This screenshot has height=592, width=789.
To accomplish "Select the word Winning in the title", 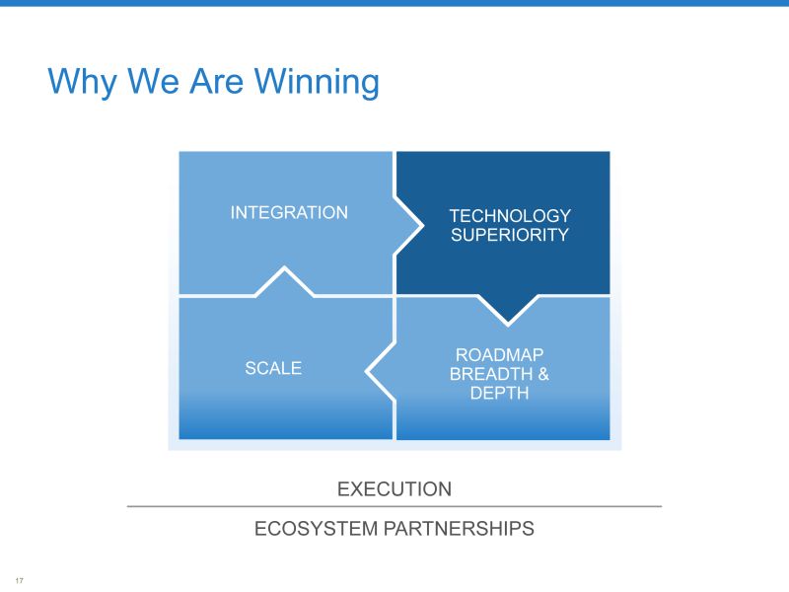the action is click(x=317, y=82).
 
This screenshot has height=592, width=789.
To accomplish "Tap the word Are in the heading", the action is click(x=216, y=81).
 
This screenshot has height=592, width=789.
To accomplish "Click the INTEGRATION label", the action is click(x=289, y=212).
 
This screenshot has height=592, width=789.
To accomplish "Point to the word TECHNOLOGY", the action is click(x=510, y=216).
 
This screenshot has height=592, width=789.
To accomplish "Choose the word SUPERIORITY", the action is click(x=510, y=235).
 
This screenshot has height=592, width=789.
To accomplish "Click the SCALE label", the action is click(x=273, y=368).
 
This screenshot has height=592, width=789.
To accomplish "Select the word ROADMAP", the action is click(x=499, y=355).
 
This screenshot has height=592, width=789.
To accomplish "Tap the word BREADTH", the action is click(x=490, y=374).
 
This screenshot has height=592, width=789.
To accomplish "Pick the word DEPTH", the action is click(x=499, y=393).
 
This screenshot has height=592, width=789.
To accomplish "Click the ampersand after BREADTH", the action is click(x=543, y=374).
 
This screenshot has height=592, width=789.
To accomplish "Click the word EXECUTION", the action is click(x=394, y=488).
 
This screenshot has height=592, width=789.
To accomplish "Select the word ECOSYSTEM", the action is click(x=316, y=529).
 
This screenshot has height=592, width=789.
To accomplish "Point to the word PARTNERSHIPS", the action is click(x=459, y=529).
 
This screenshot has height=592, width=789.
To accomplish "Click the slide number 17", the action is click(x=19, y=580).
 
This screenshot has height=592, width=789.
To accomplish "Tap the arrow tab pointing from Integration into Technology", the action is click(x=407, y=226).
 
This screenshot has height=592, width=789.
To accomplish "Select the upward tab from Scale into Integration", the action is click(x=285, y=281).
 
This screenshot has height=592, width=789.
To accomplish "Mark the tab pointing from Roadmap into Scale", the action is click(x=381, y=372).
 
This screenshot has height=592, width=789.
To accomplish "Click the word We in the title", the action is click(x=153, y=81).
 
